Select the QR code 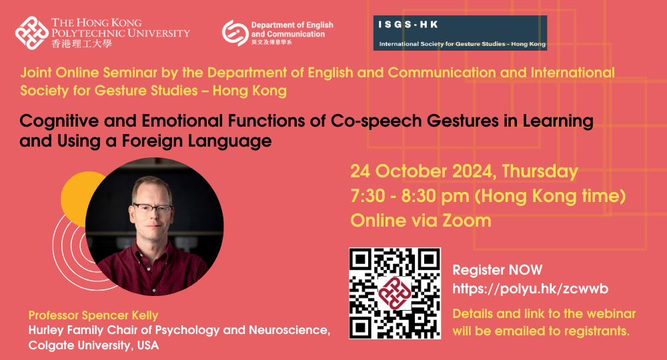point(395,293)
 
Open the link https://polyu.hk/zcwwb point(530,289)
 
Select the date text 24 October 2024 point(423,171)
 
